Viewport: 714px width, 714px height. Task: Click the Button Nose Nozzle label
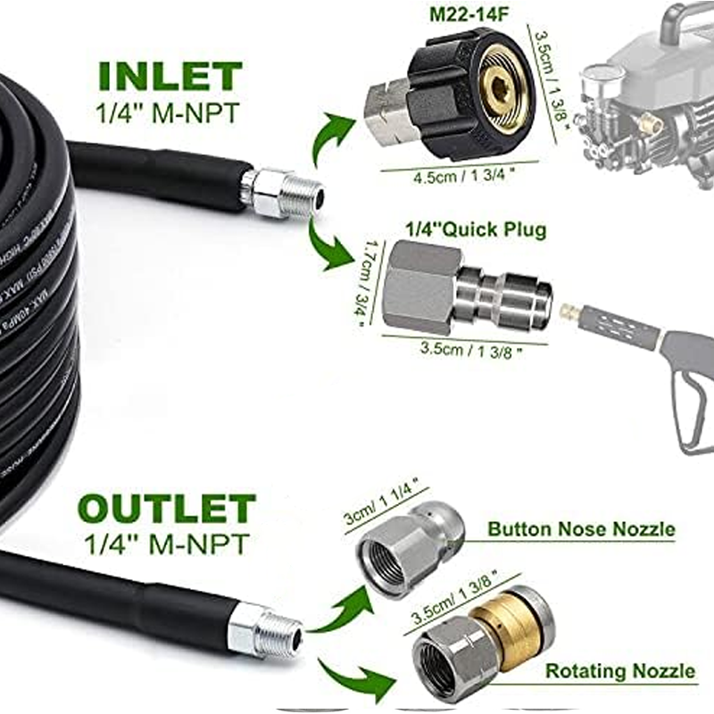coord(581,529)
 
